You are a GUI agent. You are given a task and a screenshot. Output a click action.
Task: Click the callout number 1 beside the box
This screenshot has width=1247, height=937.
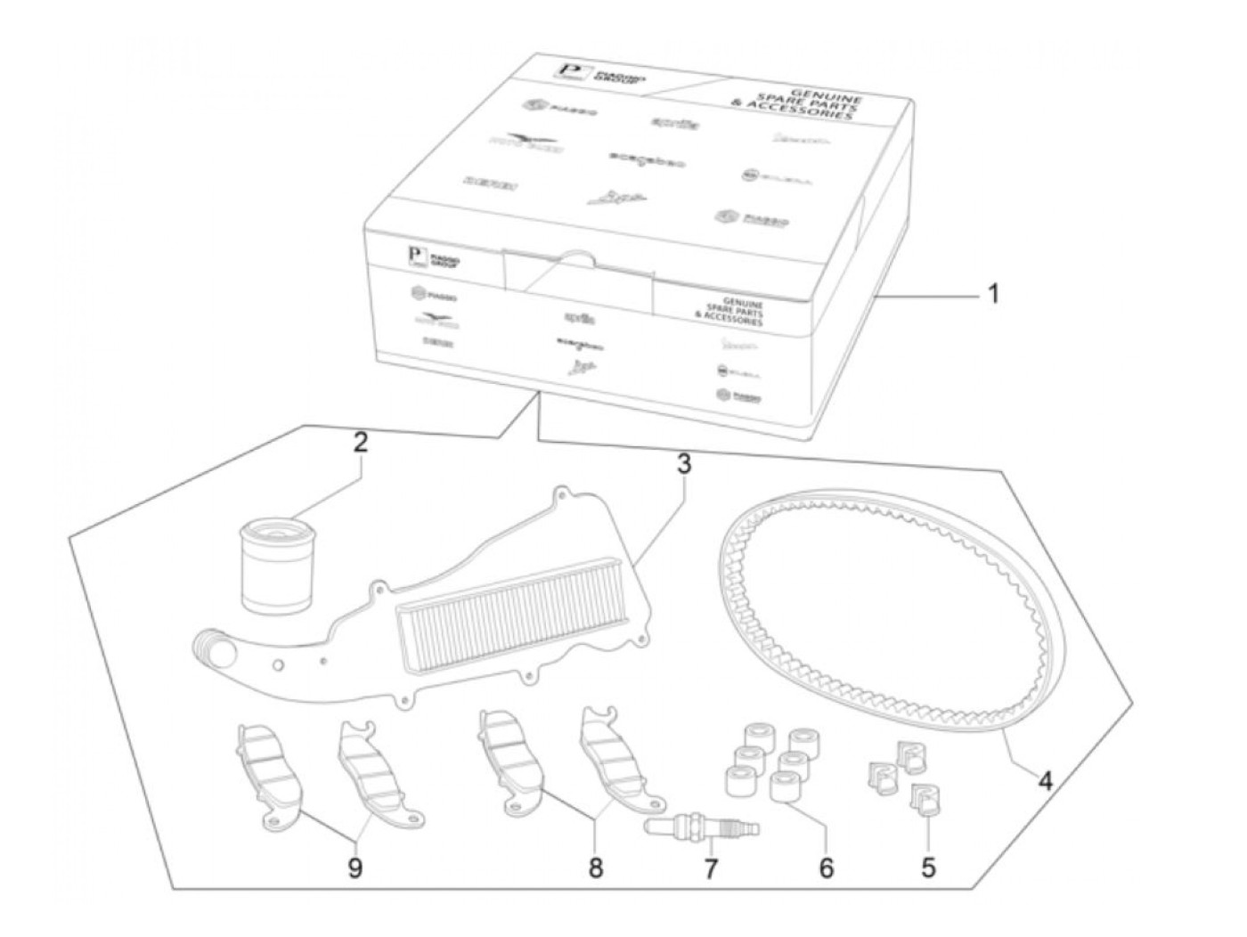(x=994, y=293)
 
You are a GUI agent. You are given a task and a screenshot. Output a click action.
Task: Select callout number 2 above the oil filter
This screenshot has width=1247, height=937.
(x=360, y=444)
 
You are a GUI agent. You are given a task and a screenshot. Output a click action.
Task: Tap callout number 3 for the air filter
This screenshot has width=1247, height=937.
(x=683, y=464)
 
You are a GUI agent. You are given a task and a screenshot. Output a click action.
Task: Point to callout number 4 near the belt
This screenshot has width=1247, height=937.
(x=1045, y=781)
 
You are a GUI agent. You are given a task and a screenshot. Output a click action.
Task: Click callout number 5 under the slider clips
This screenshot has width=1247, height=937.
(x=928, y=867)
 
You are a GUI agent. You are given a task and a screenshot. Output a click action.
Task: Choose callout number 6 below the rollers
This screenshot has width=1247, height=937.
(x=827, y=867)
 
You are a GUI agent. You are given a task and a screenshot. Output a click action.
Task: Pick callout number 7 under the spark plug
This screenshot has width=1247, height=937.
(x=710, y=868)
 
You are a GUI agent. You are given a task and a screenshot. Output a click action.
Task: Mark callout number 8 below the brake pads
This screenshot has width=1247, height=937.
(x=595, y=867)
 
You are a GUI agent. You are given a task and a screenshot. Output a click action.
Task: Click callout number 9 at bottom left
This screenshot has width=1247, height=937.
(x=355, y=867)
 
